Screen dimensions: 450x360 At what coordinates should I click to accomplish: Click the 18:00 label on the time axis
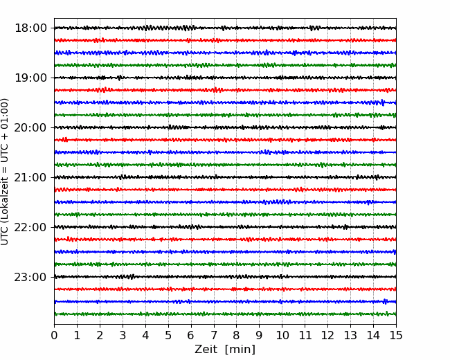(30, 28)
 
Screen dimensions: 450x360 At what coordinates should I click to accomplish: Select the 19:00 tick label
(30, 78)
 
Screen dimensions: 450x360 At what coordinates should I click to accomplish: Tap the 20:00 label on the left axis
(30, 127)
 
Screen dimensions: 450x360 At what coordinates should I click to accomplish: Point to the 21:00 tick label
(30, 177)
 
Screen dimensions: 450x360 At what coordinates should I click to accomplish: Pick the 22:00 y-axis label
(30, 227)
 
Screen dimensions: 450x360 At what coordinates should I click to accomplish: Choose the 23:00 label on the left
(30, 277)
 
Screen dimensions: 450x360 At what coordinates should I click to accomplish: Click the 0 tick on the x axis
(54, 335)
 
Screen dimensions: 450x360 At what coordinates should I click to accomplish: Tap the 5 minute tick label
(168, 335)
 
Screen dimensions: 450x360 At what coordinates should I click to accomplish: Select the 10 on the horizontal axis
(282, 335)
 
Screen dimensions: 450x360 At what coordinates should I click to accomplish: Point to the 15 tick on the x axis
(396, 335)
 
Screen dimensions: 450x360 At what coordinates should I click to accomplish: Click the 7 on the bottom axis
(214, 335)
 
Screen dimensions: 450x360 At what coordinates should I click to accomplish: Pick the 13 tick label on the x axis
(350, 335)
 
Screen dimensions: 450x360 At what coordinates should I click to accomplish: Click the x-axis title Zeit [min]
(225, 350)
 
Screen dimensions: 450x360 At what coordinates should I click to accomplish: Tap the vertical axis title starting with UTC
(5, 172)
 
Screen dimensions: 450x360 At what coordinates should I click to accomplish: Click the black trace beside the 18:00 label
(225, 28)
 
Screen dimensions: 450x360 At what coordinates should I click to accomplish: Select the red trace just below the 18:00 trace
(225, 40)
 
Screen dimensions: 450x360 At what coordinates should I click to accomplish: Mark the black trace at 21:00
(225, 177)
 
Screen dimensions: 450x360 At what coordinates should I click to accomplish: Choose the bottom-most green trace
(225, 314)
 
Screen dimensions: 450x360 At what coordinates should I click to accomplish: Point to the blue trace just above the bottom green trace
(225, 302)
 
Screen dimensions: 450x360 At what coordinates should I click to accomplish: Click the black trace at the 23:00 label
(225, 277)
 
